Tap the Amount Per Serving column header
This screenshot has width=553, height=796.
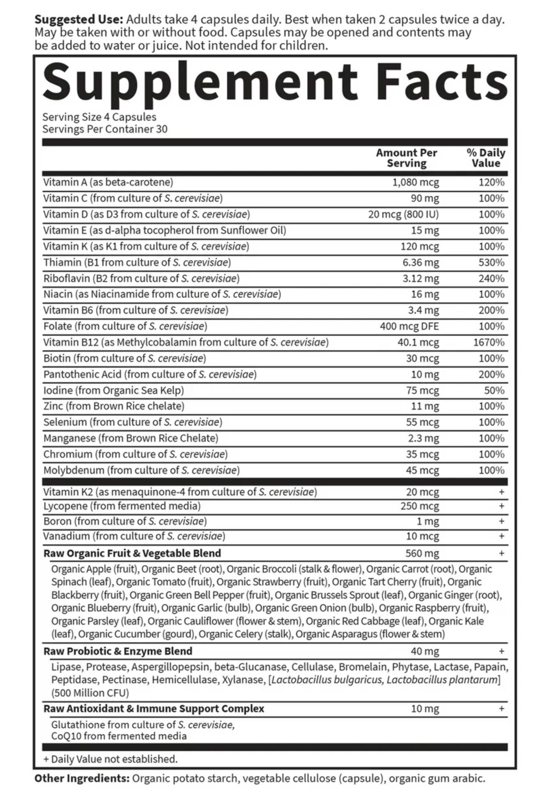point(406,158)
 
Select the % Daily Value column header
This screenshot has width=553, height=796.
point(486,158)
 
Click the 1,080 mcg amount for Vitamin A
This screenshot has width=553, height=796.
point(415,182)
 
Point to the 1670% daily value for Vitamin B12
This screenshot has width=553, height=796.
point(489,342)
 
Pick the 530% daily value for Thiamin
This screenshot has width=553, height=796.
point(491,262)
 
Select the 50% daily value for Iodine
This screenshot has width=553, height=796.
point(494,390)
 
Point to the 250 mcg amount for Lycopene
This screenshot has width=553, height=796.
point(420,506)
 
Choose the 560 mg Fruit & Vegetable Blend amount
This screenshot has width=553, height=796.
point(422,553)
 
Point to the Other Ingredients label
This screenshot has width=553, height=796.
point(82,778)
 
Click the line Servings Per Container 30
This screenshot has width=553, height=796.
point(105,129)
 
